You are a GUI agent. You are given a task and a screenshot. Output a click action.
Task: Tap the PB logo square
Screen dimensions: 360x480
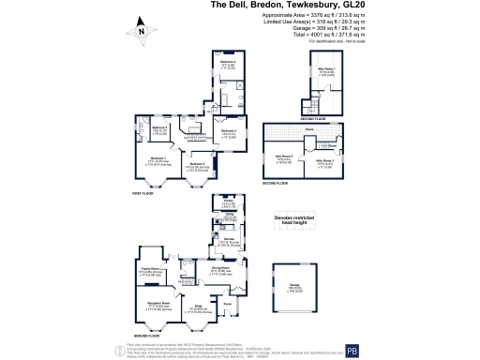[457, 349]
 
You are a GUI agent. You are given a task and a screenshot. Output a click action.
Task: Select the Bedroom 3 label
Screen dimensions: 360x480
[229, 131]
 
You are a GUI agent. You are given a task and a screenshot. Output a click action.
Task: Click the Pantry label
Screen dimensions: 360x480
[227, 201]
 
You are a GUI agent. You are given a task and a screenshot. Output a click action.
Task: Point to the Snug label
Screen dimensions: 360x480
[199, 306]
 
